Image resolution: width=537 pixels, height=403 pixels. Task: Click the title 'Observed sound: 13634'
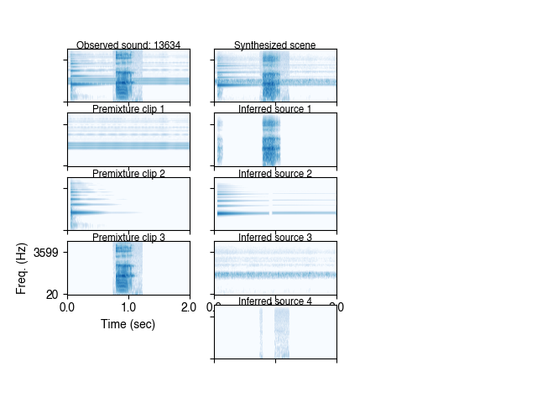[128, 45]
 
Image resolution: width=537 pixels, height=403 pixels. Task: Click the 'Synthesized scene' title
[275, 45]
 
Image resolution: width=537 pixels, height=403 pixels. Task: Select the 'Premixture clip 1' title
[128, 109]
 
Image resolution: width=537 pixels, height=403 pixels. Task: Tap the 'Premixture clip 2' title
[128, 174]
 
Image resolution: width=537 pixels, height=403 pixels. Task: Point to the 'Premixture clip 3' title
[128, 238]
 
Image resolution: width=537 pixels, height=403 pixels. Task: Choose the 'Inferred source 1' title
[275, 109]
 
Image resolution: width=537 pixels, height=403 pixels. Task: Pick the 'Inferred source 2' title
[275, 174]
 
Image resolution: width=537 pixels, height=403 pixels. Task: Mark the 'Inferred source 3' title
[275, 238]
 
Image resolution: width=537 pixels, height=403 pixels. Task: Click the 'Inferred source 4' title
[275, 301]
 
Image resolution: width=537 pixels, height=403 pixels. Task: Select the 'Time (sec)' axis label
[128, 324]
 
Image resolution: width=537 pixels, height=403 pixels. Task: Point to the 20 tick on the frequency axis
[53, 294]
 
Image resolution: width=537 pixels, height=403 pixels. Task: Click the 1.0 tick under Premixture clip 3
[128, 307]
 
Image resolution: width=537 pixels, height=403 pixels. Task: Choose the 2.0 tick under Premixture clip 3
[190, 307]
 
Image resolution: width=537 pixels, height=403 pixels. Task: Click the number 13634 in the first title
[167, 45]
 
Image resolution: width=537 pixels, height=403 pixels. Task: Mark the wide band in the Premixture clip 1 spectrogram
[128, 145]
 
